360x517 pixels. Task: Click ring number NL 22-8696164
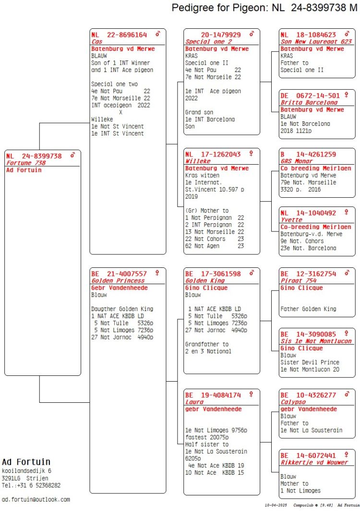coord(119,35)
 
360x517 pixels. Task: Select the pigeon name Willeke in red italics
coord(198,161)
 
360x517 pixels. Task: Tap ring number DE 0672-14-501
coord(310,96)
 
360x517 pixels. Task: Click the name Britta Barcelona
coord(304,103)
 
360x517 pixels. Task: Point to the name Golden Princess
coord(118,281)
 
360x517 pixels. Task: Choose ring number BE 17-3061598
coord(213,274)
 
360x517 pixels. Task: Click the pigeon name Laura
coord(194,402)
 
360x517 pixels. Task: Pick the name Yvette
coord(291,220)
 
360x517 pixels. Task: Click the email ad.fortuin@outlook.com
coord(36,500)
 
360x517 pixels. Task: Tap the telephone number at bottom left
coord(31,485)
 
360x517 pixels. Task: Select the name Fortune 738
coord(26,163)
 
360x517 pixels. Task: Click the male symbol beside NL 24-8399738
coord(72,155)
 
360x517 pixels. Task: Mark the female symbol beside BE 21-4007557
coord(157,273)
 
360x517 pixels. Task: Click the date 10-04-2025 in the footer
coord(276,505)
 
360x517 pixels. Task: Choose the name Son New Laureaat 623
coord(316,42)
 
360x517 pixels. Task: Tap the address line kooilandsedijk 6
coord(26,471)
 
